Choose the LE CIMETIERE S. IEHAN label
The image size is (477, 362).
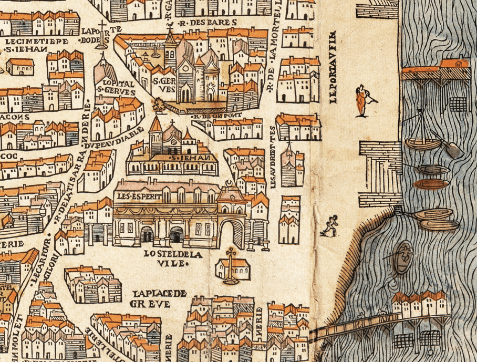point(30,45)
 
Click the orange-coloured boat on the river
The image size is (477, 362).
point(431,184)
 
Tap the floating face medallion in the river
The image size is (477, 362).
point(403,256)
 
